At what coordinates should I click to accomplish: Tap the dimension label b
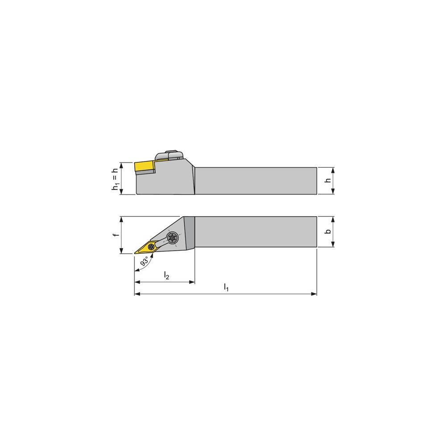pos(327,232)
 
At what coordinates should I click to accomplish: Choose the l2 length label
pos(166,276)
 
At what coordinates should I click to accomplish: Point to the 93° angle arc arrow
pos(136,268)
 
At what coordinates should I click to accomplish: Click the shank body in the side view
pos(256,181)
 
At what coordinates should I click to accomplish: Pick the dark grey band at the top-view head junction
pos(189,232)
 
